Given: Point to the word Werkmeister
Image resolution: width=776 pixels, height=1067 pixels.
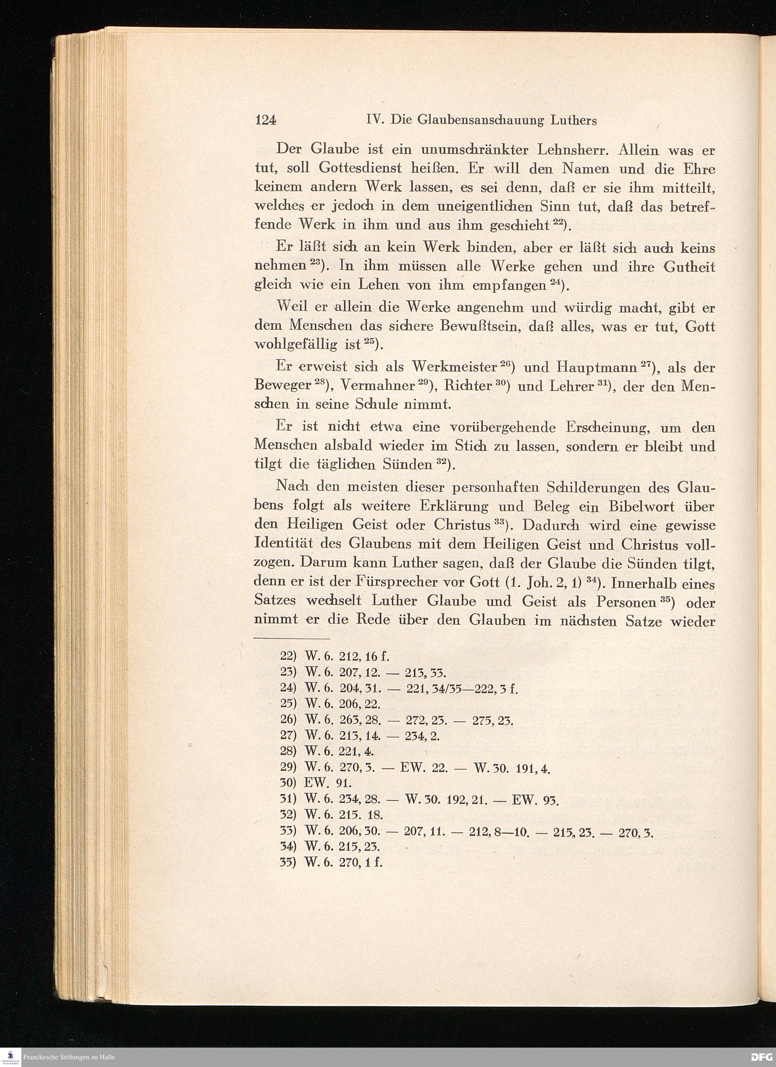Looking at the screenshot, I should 455,367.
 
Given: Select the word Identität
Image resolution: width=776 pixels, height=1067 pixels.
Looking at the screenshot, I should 284,544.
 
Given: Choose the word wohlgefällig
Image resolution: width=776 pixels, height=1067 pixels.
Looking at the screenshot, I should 296,345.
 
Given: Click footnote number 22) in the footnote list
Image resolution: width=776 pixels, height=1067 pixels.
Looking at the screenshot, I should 288,656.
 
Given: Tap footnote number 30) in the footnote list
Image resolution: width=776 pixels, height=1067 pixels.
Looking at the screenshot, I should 288,783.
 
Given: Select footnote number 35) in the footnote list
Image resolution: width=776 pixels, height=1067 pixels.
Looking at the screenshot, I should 288,863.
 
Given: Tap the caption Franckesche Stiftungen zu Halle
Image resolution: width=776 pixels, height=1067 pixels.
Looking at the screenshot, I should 69,1057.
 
